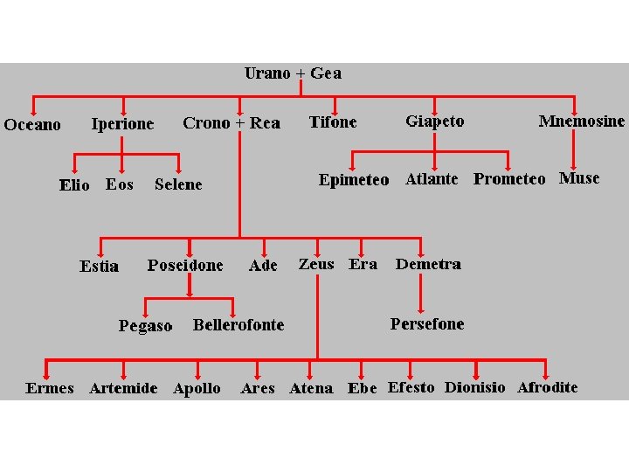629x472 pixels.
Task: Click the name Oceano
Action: tap(32, 125)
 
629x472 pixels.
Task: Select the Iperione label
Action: tap(123, 124)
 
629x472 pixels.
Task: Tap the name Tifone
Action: tap(333, 122)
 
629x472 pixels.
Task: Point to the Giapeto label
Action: tap(435, 121)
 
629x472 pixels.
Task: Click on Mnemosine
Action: tap(582, 121)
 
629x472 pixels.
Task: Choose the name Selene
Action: tap(178, 184)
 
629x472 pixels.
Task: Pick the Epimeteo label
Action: tap(354, 180)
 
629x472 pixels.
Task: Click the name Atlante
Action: tap(432, 179)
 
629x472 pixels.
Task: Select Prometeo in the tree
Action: tap(509, 179)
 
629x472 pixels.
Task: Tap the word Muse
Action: tap(579, 178)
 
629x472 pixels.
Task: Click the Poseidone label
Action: tap(185, 265)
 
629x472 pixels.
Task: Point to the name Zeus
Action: tap(316, 264)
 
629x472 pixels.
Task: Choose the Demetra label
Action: tap(428, 264)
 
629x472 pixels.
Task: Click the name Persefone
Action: tap(427, 324)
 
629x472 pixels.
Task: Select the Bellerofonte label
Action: tap(238, 325)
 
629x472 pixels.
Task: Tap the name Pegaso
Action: tap(146, 326)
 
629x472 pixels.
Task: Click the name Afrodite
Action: tap(548, 387)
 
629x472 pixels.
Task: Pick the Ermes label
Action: tap(50, 388)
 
